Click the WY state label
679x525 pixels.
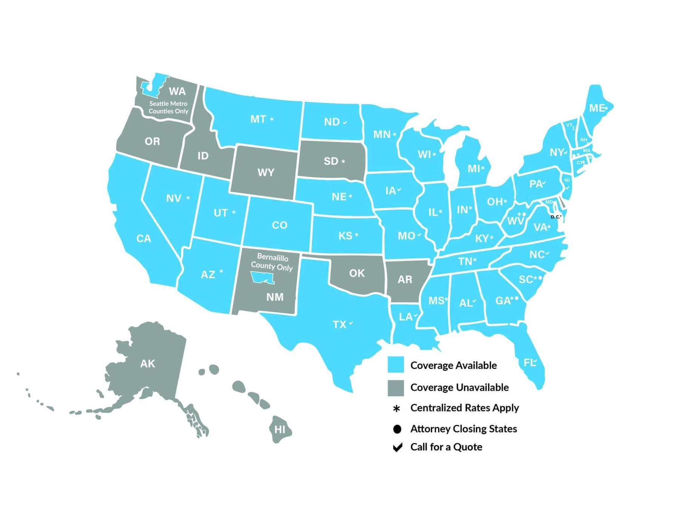(x=266, y=172)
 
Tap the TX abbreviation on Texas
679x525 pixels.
(x=339, y=325)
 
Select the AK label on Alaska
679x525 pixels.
(x=147, y=363)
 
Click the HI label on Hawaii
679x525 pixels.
(x=280, y=430)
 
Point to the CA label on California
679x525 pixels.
(x=143, y=239)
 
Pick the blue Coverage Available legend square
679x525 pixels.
(x=396, y=365)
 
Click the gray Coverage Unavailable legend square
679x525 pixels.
(x=396, y=388)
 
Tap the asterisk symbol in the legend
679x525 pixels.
(x=396, y=408)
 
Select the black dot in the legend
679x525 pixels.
(x=397, y=429)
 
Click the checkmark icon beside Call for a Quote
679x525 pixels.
(x=397, y=447)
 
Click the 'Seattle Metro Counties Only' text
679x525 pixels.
(x=168, y=107)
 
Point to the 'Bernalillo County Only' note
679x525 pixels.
(x=272, y=262)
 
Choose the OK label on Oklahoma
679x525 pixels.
(x=357, y=273)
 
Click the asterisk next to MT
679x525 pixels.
(x=272, y=119)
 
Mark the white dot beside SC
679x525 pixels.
(x=540, y=278)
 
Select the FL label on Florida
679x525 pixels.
(x=529, y=363)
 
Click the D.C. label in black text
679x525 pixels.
(x=555, y=217)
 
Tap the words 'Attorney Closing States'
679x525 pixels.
(x=464, y=429)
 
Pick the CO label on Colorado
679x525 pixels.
(x=280, y=225)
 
